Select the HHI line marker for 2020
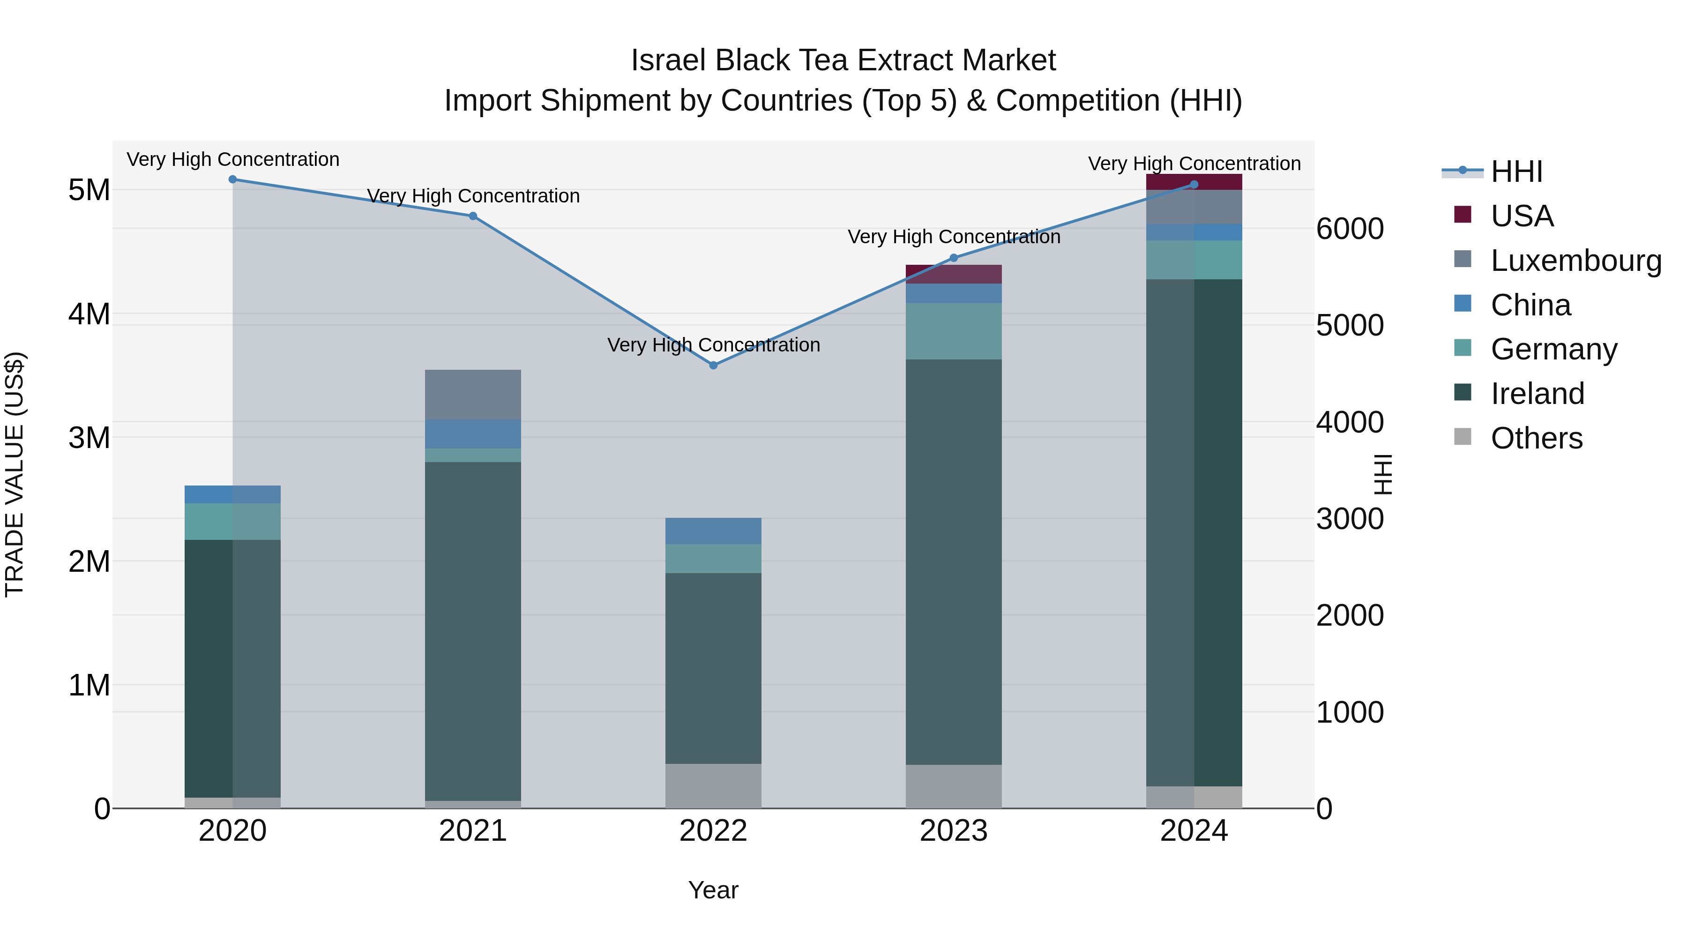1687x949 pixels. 232,179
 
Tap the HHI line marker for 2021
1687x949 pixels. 473,216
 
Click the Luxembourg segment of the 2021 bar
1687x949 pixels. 473,394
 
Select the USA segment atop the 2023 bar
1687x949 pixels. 954,274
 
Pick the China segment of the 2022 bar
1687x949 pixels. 713,531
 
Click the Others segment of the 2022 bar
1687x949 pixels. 713,785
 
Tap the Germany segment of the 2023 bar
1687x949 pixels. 954,331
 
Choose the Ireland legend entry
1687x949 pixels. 1537,394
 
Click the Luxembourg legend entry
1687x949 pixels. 1575,261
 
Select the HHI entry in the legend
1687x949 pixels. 1516,172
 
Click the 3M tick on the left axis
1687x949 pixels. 89,438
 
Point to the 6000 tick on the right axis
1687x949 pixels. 1350,229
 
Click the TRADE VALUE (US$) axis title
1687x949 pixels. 15,474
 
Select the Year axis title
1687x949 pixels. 713,890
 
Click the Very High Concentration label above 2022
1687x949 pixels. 713,345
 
